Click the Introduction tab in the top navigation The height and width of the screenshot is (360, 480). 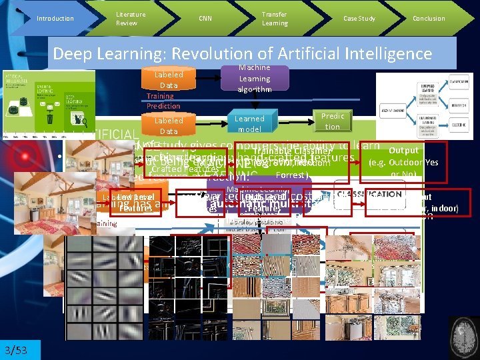pyautogui.click(x=55, y=19)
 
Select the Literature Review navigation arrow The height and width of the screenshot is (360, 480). pyautogui.click(x=130, y=19)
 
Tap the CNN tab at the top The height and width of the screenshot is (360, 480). pyautogui.click(x=205, y=19)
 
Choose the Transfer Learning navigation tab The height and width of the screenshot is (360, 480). pyautogui.click(x=275, y=19)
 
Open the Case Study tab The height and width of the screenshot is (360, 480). pyautogui.click(x=359, y=19)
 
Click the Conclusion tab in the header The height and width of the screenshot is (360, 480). pyautogui.click(x=429, y=19)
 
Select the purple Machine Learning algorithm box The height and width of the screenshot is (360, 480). pyautogui.click(x=254, y=79)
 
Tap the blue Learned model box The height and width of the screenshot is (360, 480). pyautogui.click(x=249, y=123)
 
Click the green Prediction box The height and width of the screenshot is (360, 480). pyautogui.click(x=333, y=121)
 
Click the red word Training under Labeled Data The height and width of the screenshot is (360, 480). pyautogui.click(x=160, y=96)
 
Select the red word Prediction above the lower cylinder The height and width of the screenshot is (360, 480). pyautogui.click(x=163, y=106)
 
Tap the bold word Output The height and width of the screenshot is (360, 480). pyautogui.click(x=403, y=151)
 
